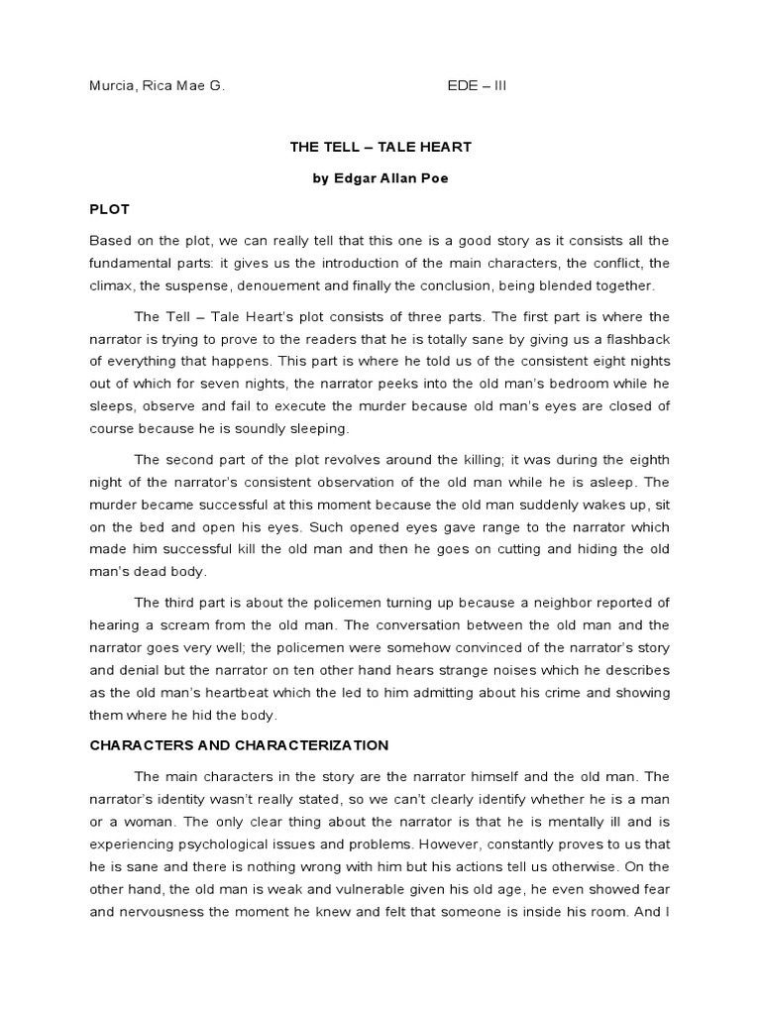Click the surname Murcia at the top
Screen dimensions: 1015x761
click(112, 86)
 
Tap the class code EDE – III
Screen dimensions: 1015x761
click(477, 86)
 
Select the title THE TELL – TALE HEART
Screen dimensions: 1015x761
click(380, 147)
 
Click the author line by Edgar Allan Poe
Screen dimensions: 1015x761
click(380, 178)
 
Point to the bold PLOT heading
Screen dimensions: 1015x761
click(109, 210)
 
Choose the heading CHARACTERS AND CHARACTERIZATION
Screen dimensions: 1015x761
click(239, 744)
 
